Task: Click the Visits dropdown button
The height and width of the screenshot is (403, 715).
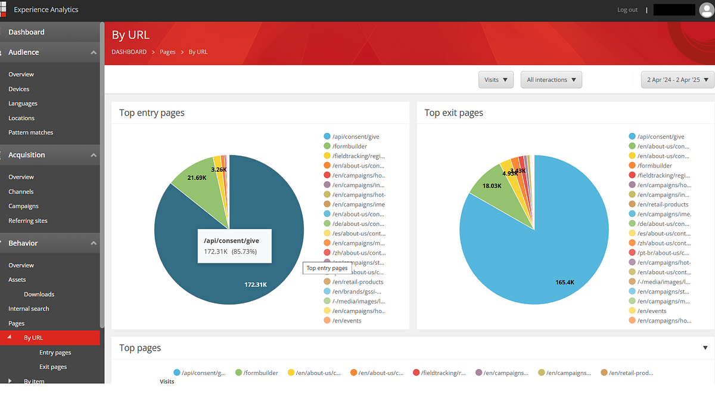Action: pyautogui.click(x=496, y=80)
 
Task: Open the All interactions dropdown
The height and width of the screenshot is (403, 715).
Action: pyautogui.click(x=551, y=80)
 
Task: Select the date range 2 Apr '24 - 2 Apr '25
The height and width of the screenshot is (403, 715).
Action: pyautogui.click(x=677, y=80)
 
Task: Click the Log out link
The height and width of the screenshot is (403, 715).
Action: pyautogui.click(x=627, y=10)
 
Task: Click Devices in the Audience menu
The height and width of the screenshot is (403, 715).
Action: pyautogui.click(x=18, y=89)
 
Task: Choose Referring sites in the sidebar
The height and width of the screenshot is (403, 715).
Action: pyautogui.click(x=27, y=221)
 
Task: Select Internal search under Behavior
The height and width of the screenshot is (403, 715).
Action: pyautogui.click(x=29, y=309)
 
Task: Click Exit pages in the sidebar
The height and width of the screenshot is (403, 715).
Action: pyautogui.click(x=53, y=367)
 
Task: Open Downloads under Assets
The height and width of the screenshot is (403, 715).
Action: pyautogui.click(x=39, y=294)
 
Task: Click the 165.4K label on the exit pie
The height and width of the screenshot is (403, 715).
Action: pyautogui.click(x=564, y=282)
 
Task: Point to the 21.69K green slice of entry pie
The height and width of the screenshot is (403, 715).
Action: pyautogui.click(x=197, y=178)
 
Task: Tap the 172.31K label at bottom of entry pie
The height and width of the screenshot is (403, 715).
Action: pyautogui.click(x=256, y=284)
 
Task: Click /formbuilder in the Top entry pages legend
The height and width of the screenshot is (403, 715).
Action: pyautogui.click(x=349, y=146)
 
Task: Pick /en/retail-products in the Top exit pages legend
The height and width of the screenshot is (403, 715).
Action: pyautogui.click(x=663, y=204)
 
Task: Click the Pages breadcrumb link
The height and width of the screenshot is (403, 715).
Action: pyautogui.click(x=167, y=52)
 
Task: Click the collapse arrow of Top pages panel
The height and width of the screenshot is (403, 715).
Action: pyautogui.click(x=705, y=348)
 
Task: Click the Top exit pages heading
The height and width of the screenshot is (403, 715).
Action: pyautogui.click(x=453, y=113)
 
